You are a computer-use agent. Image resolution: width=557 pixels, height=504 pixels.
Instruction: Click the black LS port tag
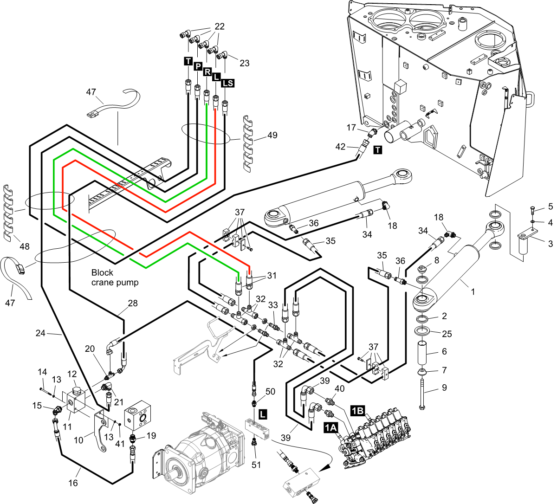pos(227,83)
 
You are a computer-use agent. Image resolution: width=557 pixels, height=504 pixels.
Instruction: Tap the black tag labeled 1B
pos(357,410)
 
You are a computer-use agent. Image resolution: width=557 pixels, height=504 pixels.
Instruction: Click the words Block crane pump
pos(115,278)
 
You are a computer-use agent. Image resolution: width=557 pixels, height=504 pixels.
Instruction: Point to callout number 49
pos(272,135)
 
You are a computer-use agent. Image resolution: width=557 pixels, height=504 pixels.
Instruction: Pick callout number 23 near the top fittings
pos(244,63)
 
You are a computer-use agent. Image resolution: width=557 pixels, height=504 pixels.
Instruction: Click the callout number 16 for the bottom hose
pos(73,483)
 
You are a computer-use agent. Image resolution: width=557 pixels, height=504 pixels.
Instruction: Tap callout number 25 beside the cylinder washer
pos(447,334)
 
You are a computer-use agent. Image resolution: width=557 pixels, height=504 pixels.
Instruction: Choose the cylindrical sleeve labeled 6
pos(423,354)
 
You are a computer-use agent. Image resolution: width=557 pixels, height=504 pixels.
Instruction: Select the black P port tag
pos(197,67)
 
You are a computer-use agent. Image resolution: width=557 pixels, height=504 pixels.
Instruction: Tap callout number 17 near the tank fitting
pos(351,127)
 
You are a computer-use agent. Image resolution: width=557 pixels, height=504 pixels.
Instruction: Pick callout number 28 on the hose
pos(133,303)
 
